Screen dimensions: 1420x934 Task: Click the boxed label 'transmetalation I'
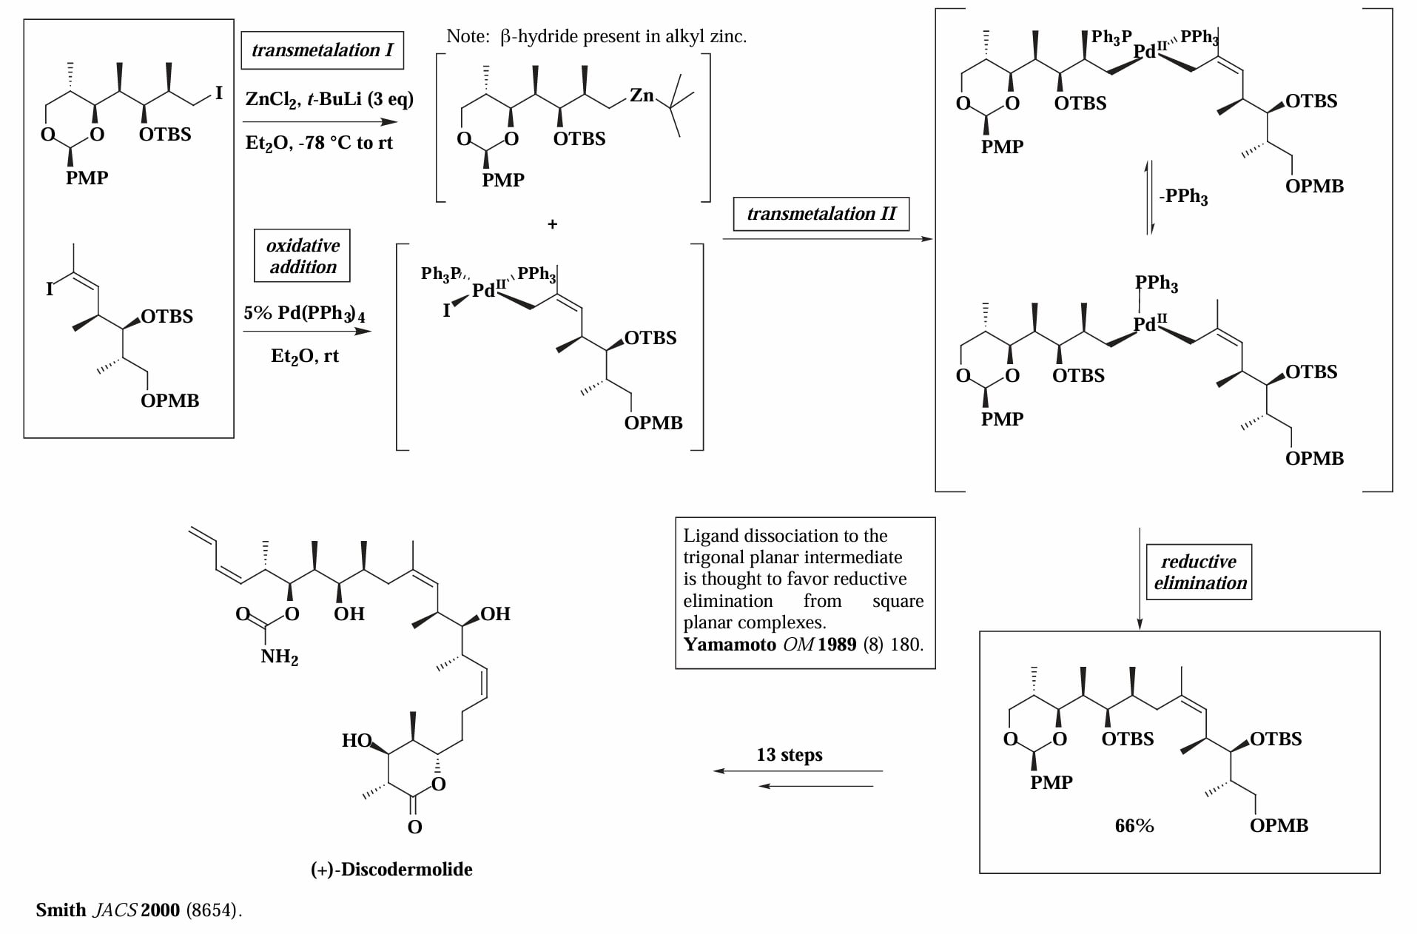click(x=323, y=50)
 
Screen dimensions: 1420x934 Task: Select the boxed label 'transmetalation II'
click(x=821, y=214)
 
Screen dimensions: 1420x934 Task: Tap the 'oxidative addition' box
click(x=303, y=256)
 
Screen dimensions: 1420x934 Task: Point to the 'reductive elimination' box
click(x=1199, y=572)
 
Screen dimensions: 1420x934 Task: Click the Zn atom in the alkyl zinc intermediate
click(x=642, y=95)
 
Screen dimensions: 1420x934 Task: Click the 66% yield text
click(x=1134, y=826)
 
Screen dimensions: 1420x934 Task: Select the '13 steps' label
click(x=790, y=755)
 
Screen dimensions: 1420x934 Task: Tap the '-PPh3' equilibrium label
click(x=1184, y=197)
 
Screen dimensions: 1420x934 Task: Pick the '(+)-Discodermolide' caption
click(x=391, y=869)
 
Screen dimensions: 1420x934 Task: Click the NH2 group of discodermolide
click(x=280, y=657)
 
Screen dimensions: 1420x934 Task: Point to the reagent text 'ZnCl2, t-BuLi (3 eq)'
click(x=329, y=99)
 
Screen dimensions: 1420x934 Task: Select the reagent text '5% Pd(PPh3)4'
click(x=304, y=313)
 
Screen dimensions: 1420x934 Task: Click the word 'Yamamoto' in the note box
click(x=730, y=644)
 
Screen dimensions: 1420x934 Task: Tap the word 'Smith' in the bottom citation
click(x=61, y=910)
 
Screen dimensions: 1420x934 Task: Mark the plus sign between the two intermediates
click(x=552, y=224)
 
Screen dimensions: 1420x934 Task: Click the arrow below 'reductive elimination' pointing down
click(x=1140, y=579)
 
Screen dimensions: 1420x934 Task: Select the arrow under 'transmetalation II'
click(x=827, y=239)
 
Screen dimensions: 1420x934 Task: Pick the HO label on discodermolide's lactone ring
click(x=357, y=740)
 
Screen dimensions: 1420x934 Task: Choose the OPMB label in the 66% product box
click(x=1279, y=826)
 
